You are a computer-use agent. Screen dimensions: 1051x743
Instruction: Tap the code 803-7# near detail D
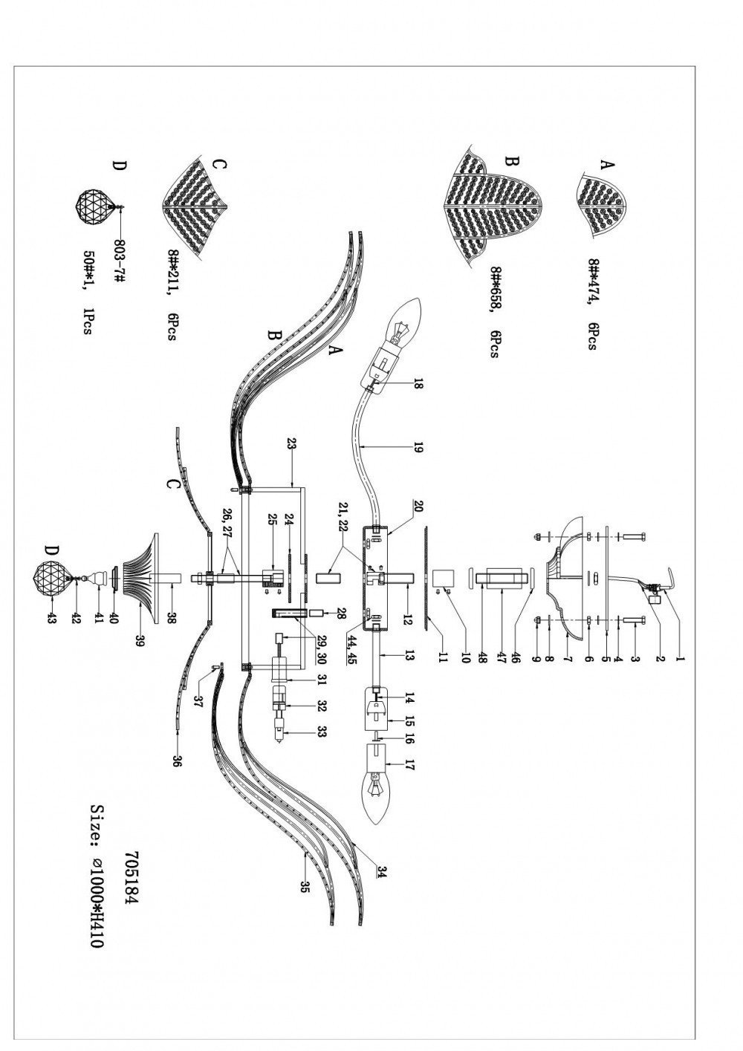120,259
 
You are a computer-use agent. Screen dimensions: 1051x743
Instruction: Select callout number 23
291,444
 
